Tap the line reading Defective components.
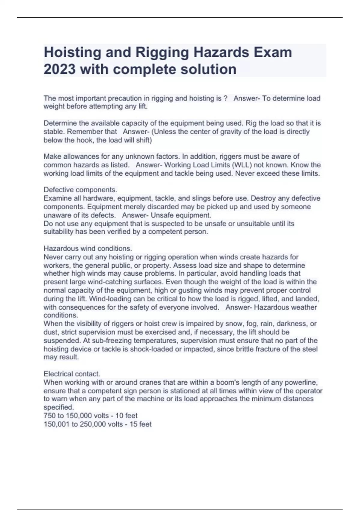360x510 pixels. pos(80,190)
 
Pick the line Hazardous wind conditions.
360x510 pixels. pos(88,248)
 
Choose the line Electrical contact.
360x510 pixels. pos(72,374)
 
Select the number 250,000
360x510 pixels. pos(92,424)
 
